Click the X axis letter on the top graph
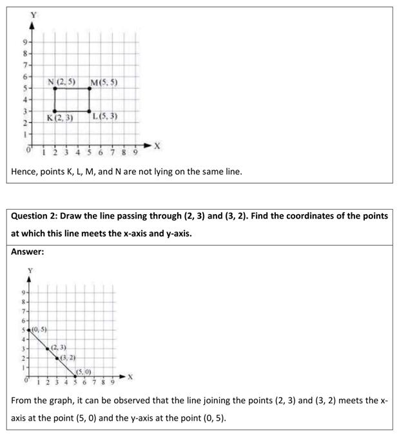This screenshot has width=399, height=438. [157, 148]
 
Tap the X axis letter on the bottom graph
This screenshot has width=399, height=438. [130, 376]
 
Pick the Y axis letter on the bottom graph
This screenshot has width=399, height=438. [28, 270]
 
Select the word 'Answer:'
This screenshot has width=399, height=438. [28, 252]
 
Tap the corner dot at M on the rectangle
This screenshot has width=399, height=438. [90, 88]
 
